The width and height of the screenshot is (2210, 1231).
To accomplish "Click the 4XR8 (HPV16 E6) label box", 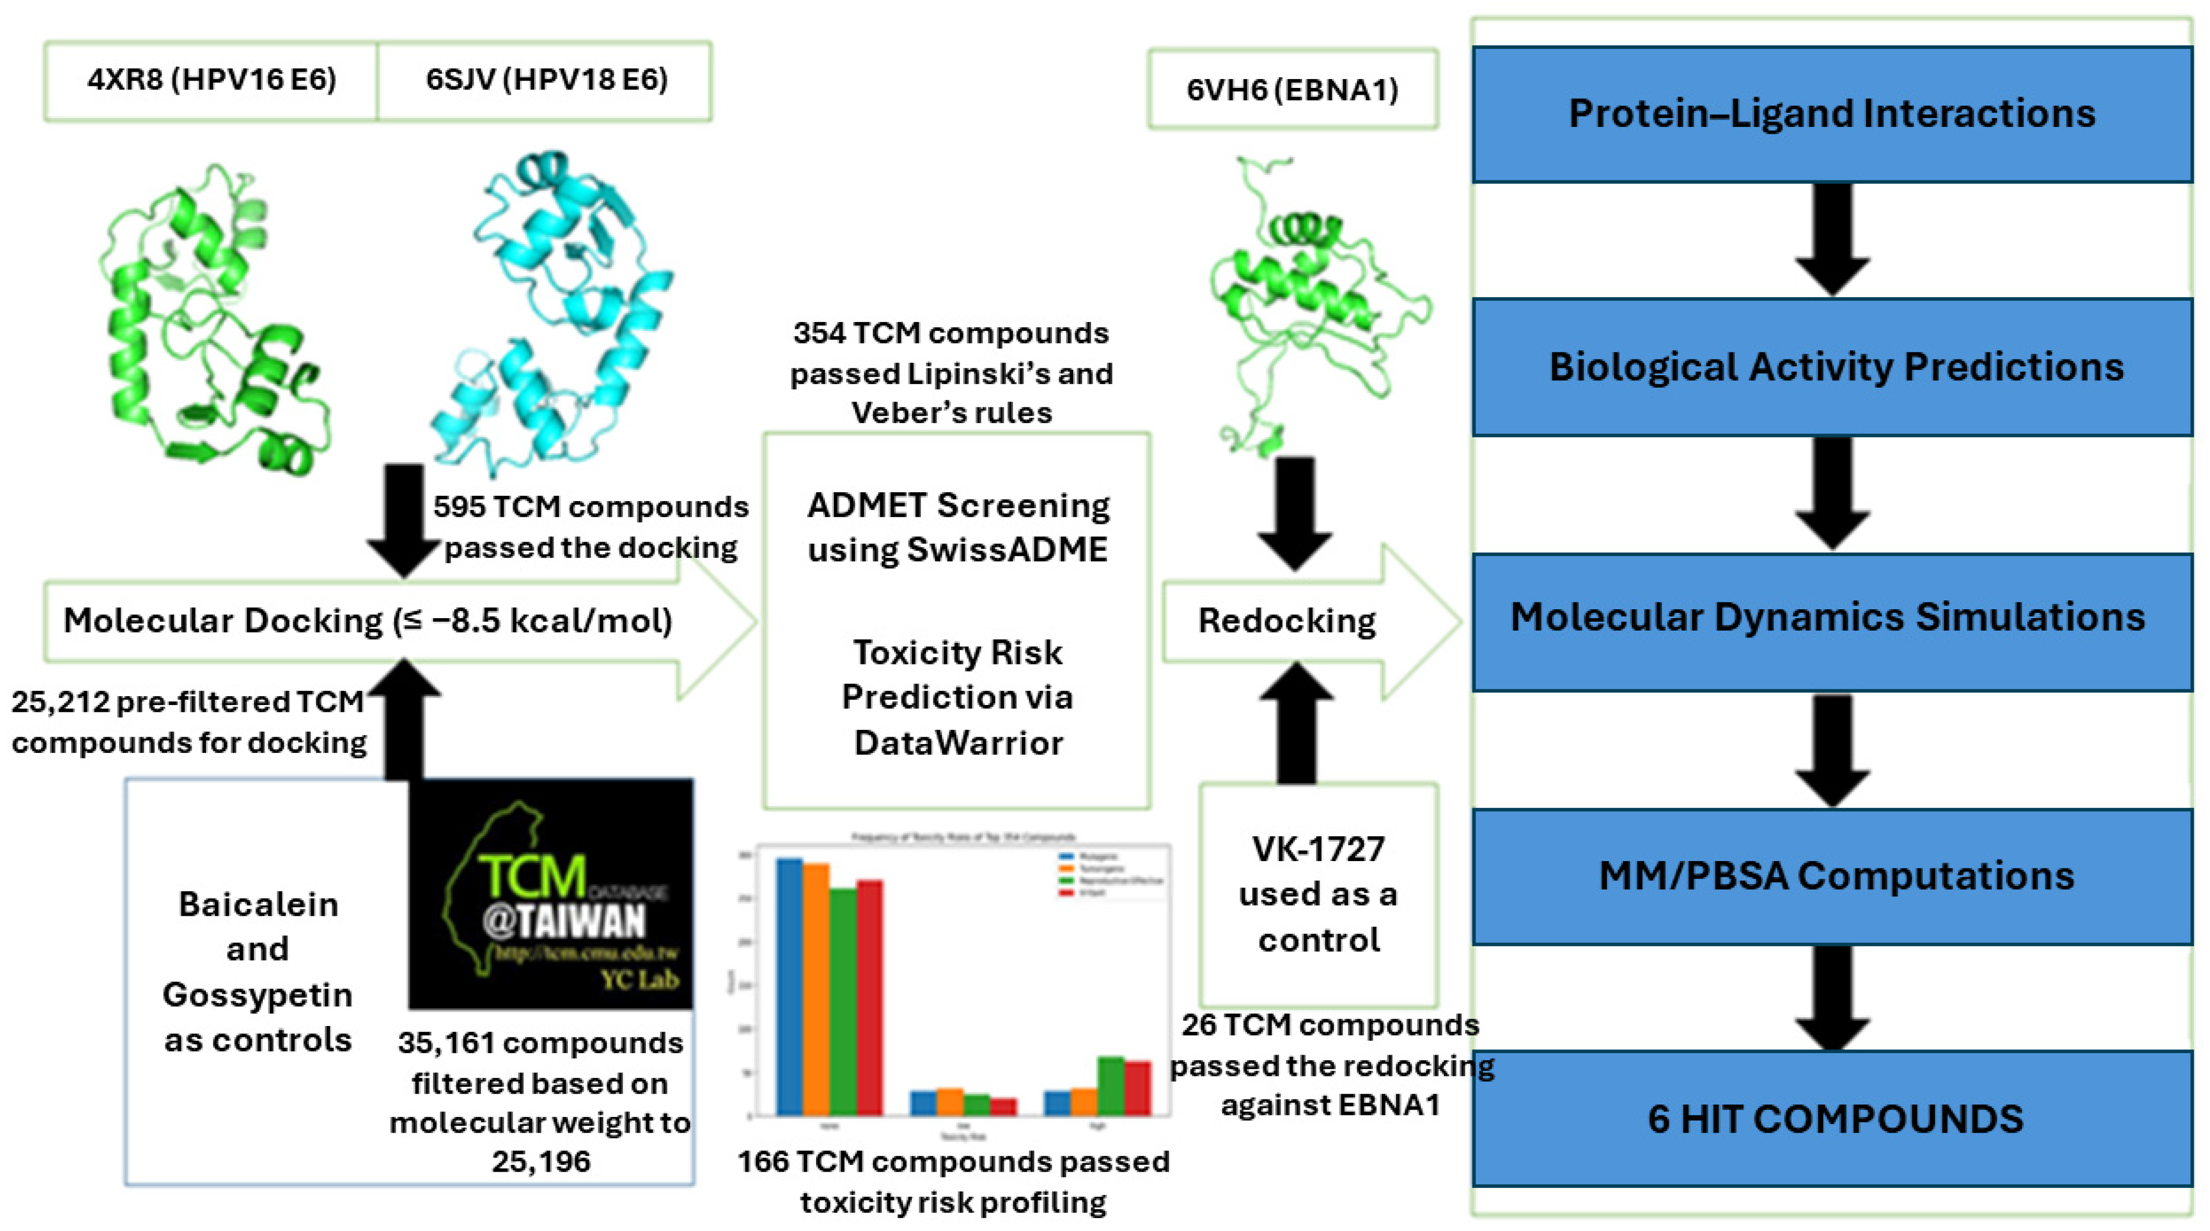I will coord(211,81).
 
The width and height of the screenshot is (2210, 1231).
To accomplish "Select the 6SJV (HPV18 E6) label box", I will coord(545,81).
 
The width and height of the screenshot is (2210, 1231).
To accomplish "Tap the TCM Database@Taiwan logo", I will coord(551,894).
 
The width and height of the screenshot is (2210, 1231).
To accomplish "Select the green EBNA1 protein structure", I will coord(1313,300).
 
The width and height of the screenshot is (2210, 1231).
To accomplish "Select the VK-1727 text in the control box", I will coord(1318,849).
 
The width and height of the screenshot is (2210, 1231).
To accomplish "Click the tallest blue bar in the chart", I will coord(789,986).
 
